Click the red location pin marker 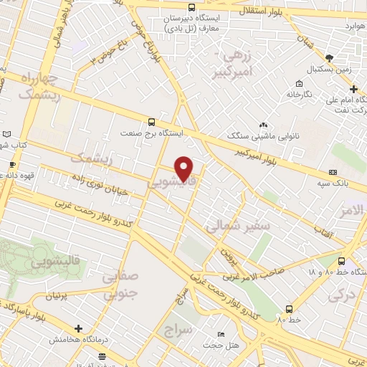[x=184, y=168]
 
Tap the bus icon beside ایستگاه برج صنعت [x=151, y=122]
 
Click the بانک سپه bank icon [x=333, y=172]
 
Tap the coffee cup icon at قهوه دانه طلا [x=11, y=164]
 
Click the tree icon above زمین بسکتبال [x=329, y=58]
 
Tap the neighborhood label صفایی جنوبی [x=120, y=284]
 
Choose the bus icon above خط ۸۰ [x=288, y=310]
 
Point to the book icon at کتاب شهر [x=6, y=134]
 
